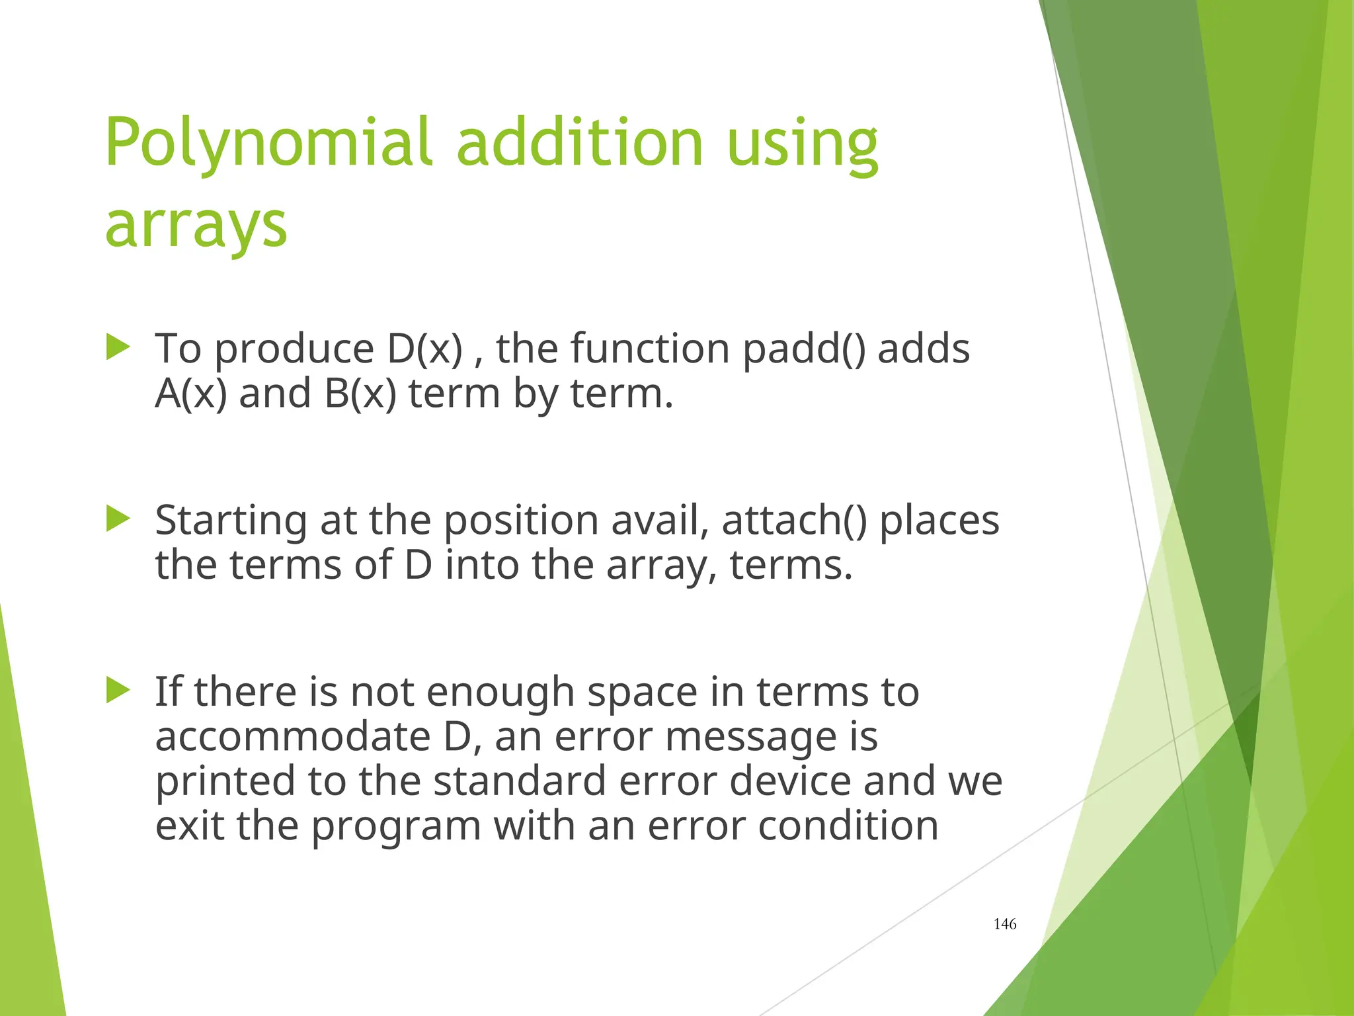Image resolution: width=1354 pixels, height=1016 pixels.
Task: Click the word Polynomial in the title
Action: [268, 143]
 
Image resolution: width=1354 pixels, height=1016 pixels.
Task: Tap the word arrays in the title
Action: [196, 225]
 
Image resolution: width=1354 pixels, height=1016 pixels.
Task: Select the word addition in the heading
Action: [579, 143]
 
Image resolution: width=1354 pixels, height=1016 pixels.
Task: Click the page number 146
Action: [1004, 924]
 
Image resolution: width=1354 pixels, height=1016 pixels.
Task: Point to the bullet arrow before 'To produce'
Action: [118, 347]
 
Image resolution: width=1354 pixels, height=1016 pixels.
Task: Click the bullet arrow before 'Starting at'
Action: [118, 519]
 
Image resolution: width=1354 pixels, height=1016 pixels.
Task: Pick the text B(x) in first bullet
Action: [360, 394]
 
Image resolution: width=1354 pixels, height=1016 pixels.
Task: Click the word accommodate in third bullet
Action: [292, 736]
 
